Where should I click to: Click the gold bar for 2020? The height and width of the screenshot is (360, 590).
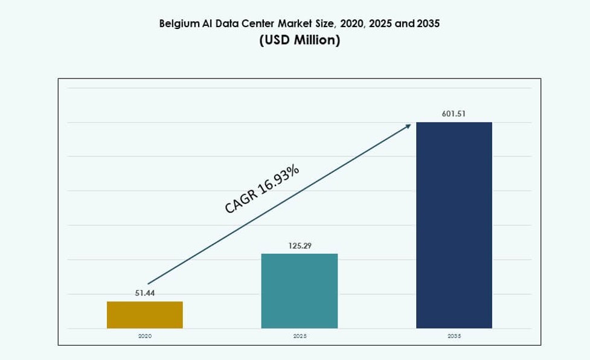coord(145,315)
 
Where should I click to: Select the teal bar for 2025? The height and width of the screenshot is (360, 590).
coord(300,291)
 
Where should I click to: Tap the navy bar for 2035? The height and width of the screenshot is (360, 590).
coord(454,225)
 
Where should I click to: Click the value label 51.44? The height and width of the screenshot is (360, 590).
coord(145,293)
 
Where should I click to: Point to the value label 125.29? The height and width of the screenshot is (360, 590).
coord(300,246)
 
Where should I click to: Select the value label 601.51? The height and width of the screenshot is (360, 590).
coord(454,114)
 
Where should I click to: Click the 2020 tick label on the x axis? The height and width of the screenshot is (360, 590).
coord(145,335)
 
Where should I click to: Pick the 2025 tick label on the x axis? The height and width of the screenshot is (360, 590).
coord(300,335)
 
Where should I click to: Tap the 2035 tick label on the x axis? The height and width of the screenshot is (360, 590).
coord(454,335)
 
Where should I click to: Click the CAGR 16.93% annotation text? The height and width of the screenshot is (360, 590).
coord(262,189)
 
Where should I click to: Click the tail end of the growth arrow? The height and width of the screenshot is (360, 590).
coord(149,283)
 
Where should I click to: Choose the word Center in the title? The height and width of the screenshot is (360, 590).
coord(257,24)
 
